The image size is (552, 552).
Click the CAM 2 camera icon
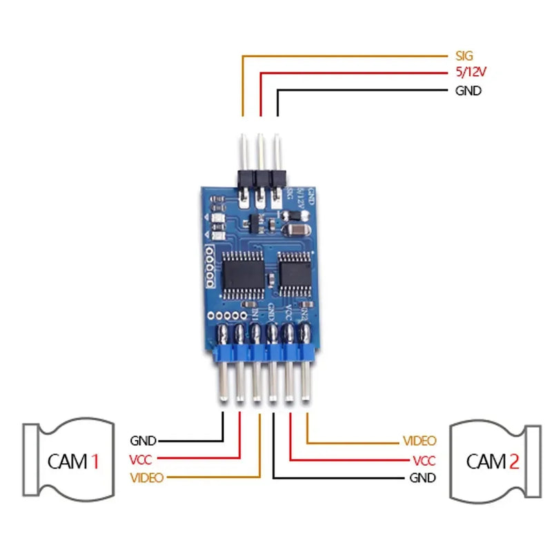pos(493,460)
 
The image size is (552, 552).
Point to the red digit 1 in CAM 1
pos(95,461)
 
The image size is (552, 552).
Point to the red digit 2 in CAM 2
pos(513,461)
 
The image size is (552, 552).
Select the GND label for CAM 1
pos(143,441)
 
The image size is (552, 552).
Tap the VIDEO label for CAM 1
pos(146,477)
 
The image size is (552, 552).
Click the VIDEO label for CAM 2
pos(419,440)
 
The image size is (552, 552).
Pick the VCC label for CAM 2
pos(423,460)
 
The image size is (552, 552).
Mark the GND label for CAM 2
pos(422,477)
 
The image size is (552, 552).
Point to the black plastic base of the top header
pos(260,177)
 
